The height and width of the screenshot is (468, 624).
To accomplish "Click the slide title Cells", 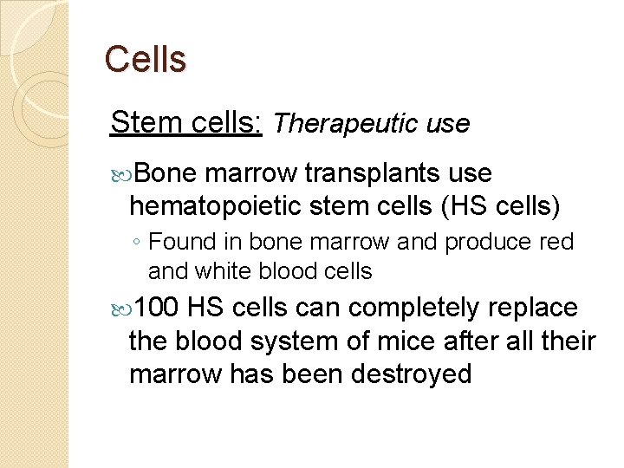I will [145, 60].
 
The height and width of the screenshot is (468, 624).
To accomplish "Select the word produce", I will [487, 243].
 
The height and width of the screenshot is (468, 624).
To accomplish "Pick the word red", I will [556, 243].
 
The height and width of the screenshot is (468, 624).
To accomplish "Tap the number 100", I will [157, 308].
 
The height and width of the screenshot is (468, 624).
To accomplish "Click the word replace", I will [532, 308].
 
